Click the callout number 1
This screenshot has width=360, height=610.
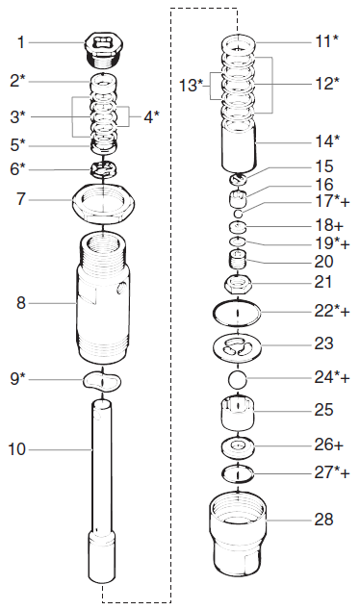pos(22,43)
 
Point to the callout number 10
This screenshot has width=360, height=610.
pos(20,448)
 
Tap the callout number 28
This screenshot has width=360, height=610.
pos(324,520)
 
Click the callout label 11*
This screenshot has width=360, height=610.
pos(327,42)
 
